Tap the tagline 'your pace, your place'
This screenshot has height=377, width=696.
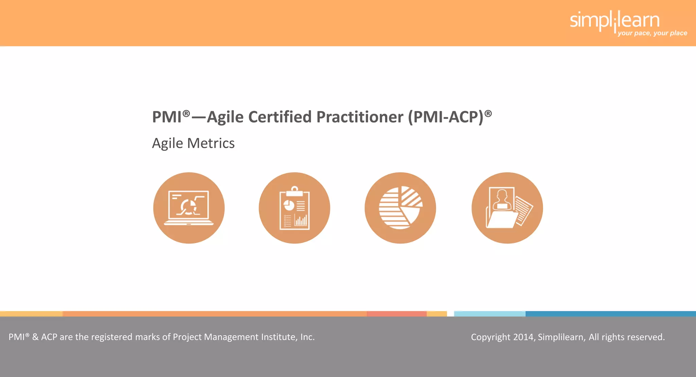652,33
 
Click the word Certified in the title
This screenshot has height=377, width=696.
280,117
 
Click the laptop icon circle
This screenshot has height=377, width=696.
189,208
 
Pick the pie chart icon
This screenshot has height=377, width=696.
400,208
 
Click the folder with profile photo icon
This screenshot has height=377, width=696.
507,208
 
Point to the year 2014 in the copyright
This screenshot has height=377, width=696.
523,337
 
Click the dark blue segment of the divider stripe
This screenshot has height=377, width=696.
610,314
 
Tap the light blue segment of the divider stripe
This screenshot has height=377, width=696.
489,314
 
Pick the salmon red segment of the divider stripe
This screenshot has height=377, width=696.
396,314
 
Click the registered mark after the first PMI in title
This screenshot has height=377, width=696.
186,113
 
